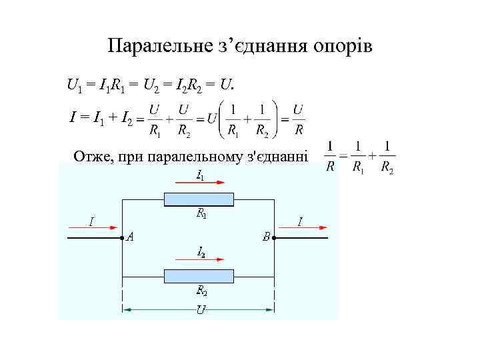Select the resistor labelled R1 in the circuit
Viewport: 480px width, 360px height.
tap(199, 199)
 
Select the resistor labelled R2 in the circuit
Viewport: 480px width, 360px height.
tap(199, 276)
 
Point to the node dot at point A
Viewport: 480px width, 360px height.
tap(121, 237)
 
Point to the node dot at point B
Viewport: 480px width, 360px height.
tap(275, 237)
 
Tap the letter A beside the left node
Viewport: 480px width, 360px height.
tap(130, 236)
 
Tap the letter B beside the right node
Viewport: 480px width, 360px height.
tap(265, 236)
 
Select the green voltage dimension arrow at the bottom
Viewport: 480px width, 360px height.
tap(198, 309)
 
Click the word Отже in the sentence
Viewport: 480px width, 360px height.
tap(93, 157)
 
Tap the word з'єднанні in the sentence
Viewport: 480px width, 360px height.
tap(277, 157)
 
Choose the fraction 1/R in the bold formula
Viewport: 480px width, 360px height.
tap(331, 157)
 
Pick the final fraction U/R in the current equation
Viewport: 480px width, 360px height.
tap(299, 119)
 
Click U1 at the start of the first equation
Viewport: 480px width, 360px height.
tap(75, 85)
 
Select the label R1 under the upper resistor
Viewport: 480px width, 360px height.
tap(201, 214)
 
